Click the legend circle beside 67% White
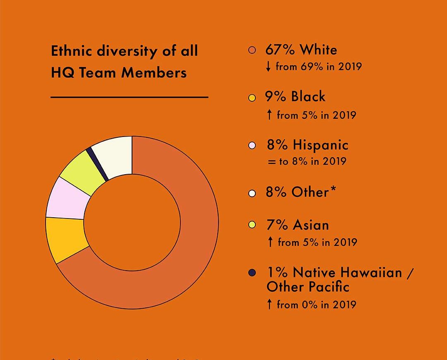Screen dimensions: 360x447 [x=252, y=51]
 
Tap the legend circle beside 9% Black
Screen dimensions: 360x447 [x=252, y=98]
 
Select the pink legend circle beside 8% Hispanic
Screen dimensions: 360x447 [x=252, y=146]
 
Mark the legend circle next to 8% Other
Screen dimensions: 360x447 [x=252, y=193]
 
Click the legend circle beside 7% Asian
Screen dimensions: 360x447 [x=252, y=226]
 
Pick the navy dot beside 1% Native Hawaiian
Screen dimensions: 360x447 [x=252, y=273]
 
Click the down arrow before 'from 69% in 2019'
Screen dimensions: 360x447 [x=269, y=66]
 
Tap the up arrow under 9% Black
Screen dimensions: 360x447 [x=269, y=115]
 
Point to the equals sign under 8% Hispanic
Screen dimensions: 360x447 [x=271, y=162]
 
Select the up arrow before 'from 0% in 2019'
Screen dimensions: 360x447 [x=269, y=305]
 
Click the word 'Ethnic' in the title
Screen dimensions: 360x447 [x=71, y=51]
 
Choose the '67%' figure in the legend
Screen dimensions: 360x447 [x=279, y=50]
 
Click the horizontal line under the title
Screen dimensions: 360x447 [x=129, y=98]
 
